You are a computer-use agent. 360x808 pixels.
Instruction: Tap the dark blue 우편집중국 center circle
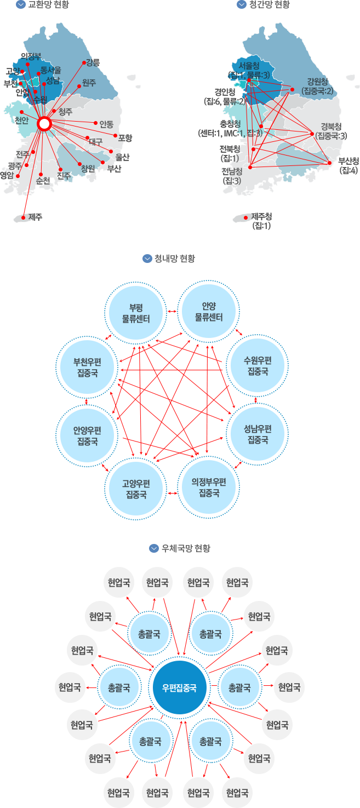179,687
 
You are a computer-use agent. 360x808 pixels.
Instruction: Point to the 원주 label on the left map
89,83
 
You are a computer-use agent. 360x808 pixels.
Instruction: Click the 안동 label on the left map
106,124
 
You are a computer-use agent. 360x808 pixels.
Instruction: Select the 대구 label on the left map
96,141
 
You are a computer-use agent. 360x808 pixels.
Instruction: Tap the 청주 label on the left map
65,111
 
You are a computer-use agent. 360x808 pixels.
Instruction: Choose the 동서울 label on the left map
51,70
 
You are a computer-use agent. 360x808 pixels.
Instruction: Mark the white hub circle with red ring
45,124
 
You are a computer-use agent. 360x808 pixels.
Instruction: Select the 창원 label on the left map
88,168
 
